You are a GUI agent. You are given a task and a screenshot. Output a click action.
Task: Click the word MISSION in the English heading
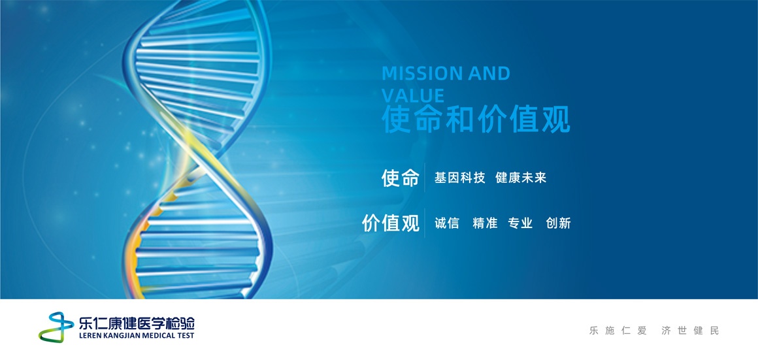(416, 74)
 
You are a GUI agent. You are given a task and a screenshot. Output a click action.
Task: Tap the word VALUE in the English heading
(413, 95)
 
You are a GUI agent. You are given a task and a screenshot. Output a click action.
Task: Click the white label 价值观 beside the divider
(391, 223)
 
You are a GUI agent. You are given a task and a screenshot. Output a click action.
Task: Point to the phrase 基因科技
(460, 178)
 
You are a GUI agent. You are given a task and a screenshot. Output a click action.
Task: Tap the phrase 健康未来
(521, 178)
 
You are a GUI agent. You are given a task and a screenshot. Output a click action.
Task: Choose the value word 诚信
(447, 223)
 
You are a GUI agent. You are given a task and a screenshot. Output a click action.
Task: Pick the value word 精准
(485, 223)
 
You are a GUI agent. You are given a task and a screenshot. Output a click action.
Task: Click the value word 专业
(520, 223)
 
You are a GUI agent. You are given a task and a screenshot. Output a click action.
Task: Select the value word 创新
(558, 223)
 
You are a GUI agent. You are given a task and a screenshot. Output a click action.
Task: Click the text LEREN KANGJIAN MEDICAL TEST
(137, 335)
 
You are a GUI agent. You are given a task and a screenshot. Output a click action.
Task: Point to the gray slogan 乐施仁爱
(618, 331)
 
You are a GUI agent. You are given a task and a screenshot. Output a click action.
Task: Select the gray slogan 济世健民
(690, 331)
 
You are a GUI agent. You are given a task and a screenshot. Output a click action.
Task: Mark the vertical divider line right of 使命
(425, 178)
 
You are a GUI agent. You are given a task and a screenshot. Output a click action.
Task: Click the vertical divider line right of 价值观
(425, 223)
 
